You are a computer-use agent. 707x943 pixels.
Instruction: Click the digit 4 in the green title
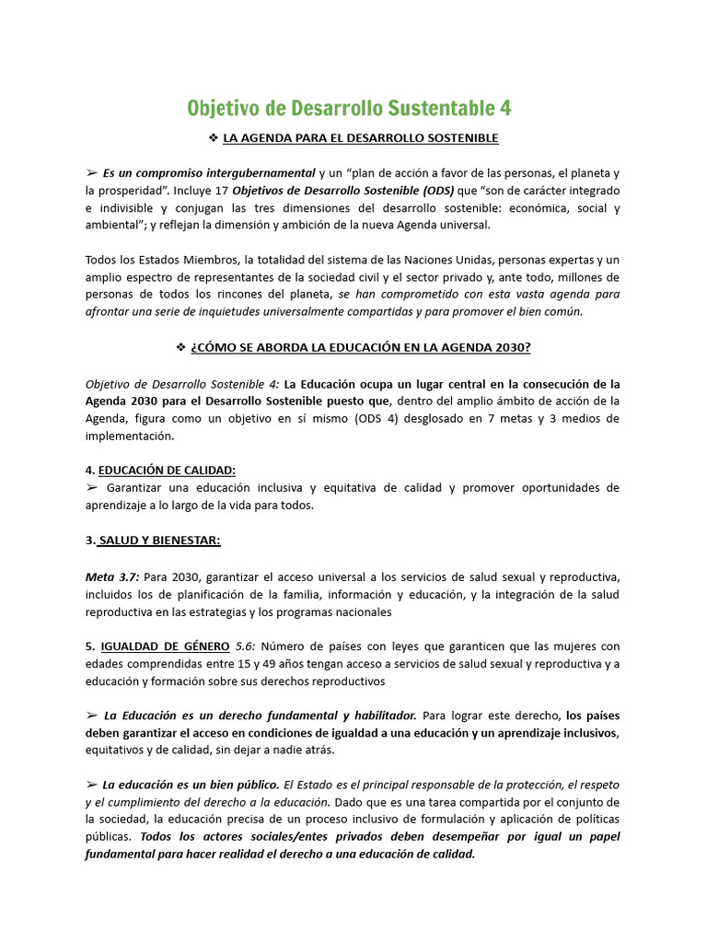(505, 109)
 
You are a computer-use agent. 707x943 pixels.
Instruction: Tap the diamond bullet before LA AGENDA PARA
(214, 138)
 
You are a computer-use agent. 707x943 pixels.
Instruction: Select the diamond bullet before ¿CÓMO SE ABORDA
(180, 347)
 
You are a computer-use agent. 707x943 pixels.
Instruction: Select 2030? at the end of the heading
(513, 347)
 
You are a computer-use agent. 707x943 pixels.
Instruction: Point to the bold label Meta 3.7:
(113, 576)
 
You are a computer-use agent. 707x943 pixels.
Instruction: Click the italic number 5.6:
(247, 646)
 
